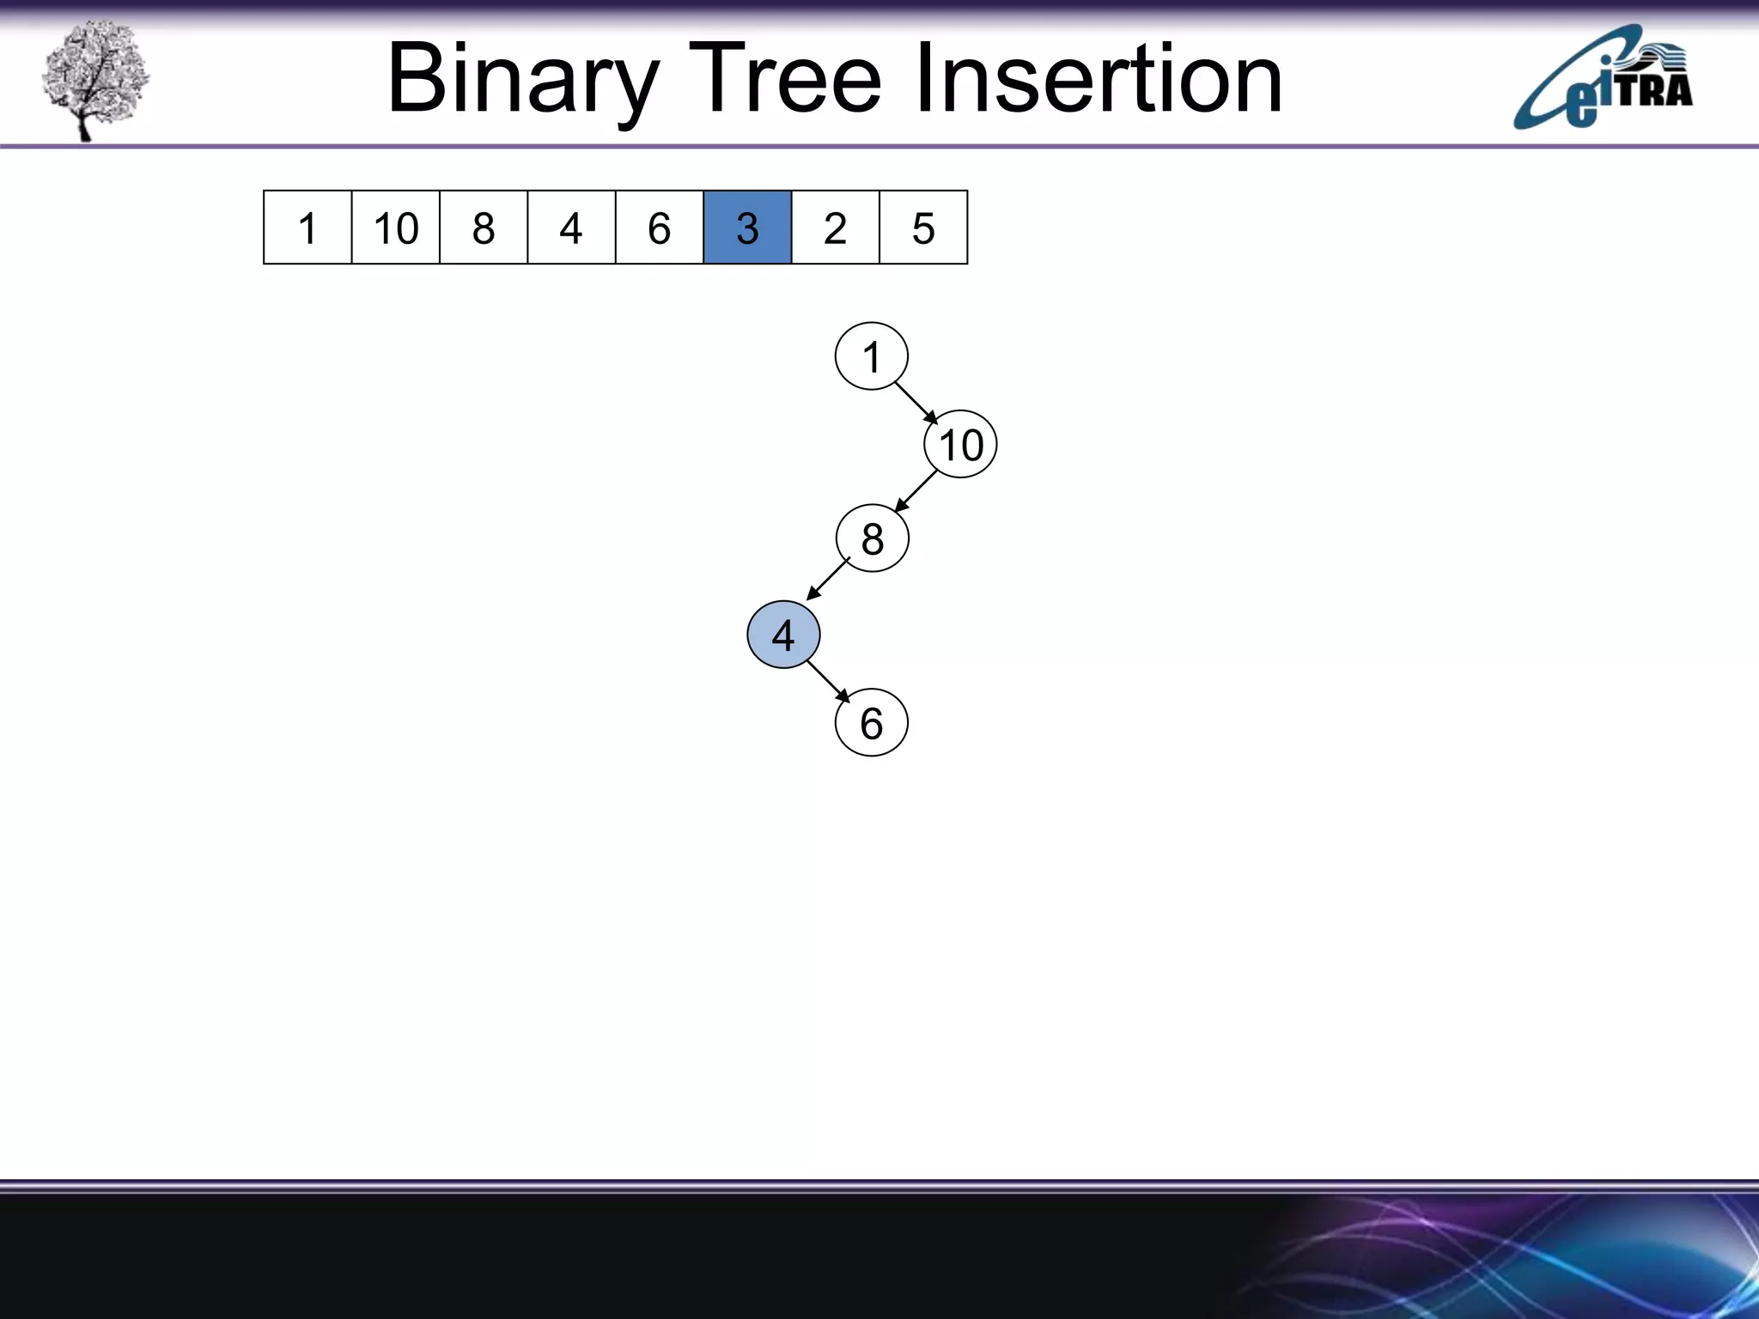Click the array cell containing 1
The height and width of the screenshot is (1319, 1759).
point(307,228)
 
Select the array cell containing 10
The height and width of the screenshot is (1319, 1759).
point(396,228)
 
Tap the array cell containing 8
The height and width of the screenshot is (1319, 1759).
point(484,228)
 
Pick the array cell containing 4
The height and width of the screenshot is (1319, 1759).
point(571,228)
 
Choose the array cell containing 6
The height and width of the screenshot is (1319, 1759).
point(660,228)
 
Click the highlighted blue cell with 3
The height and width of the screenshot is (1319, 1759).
point(747,228)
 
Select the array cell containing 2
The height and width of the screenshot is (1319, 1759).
point(836,228)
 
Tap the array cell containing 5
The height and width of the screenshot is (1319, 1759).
point(923,228)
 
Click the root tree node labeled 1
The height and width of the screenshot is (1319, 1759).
point(871,356)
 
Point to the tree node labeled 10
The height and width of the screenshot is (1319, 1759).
point(960,445)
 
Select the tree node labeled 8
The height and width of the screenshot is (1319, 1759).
point(872,538)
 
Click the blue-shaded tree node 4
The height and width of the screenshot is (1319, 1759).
point(783,635)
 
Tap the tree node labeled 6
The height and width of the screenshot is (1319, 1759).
point(871,722)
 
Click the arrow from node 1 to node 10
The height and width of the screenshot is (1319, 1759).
point(916,402)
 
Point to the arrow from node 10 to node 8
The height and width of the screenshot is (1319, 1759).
point(916,491)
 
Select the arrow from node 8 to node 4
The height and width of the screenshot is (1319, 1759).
point(828,579)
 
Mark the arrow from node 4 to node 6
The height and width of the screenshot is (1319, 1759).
point(828,681)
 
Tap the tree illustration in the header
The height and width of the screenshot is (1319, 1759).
point(94,79)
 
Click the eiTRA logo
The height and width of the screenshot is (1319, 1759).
point(1603,79)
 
